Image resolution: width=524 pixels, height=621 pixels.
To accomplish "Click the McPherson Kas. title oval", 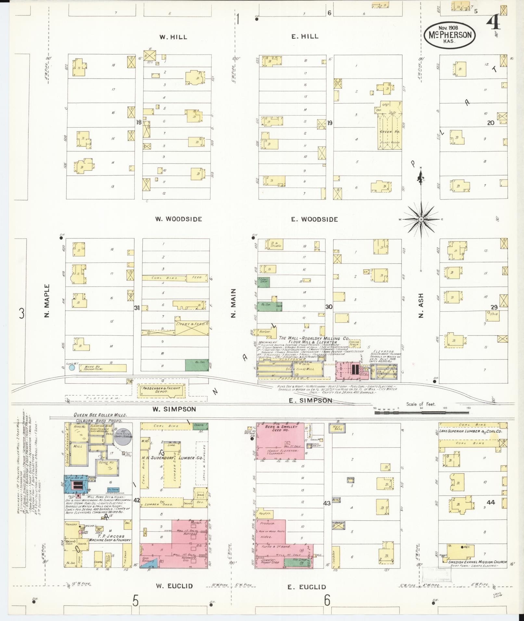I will (450, 35).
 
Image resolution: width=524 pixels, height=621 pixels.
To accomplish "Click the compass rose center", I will (421, 219).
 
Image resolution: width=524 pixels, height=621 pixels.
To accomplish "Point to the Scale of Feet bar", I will (421, 413).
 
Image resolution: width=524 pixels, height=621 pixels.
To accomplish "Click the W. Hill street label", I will (173, 37).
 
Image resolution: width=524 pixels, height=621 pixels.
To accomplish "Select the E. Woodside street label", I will (314, 219).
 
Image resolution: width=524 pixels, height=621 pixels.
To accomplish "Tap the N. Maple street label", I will (47, 300).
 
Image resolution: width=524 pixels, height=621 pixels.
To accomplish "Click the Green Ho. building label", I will (389, 132).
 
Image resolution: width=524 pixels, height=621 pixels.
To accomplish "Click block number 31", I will (137, 307).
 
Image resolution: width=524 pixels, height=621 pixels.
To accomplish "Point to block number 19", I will (329, 123).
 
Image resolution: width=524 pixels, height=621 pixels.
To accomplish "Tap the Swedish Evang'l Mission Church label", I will (477, 562).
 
